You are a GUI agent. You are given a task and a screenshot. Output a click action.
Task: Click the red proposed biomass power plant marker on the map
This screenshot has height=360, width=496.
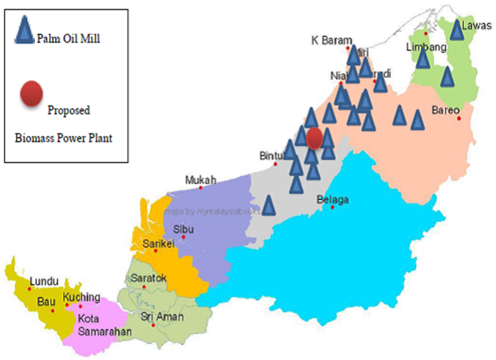coord(314,138)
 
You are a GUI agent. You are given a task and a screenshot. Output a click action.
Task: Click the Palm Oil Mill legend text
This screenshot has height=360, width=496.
coord(68,38)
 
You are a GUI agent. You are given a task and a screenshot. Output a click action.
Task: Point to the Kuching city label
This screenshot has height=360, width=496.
coord(81,297)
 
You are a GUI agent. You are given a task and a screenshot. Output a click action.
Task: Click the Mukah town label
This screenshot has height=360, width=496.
coord(201,180)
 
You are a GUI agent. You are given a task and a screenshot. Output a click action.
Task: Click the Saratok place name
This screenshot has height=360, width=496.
coord(149,278)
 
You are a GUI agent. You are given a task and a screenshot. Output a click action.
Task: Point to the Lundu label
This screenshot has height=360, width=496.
coord(44,282)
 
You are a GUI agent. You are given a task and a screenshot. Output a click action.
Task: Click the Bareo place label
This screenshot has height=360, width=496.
coord(445,110)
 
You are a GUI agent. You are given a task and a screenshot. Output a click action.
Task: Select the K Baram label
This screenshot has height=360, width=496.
coord(331,40)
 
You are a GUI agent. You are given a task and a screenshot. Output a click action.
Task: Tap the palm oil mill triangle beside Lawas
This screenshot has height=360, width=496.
coord(456,30)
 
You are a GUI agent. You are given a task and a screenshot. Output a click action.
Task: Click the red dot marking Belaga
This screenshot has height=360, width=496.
coord(333,207)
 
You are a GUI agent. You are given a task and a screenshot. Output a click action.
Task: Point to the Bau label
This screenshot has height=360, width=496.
coord(46,302)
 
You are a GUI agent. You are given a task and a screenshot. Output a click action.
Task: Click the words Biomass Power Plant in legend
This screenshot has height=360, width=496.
coord(63,138)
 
